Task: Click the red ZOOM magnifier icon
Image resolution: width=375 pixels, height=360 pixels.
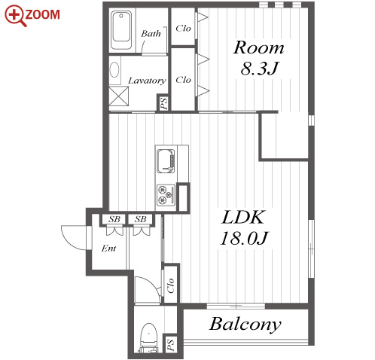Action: click(15, 16)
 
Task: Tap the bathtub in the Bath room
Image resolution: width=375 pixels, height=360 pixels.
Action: click(121, 30)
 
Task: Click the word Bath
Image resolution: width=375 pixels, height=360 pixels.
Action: click(151, 33)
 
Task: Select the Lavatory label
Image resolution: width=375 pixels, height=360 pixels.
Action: click(147, 81)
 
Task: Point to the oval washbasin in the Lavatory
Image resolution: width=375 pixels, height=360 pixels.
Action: click(114, 70)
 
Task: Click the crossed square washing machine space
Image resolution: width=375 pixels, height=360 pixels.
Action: click(119, 96)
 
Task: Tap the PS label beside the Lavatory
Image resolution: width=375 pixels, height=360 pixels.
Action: click(163, 103)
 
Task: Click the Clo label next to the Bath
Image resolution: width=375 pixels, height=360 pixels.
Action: click(183, 28)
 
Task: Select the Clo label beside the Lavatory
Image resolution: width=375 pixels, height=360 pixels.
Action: click(183, 80)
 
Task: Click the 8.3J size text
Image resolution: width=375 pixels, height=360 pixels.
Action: click(260, 69)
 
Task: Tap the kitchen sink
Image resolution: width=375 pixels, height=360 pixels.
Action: click(166, 161)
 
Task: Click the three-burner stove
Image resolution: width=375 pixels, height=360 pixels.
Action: click(166, 195)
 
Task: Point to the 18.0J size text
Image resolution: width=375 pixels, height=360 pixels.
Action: click(244, 238)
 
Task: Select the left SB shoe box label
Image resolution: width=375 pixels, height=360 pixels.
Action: click(114, 219)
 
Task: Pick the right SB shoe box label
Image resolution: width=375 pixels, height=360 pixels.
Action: click(140, 219)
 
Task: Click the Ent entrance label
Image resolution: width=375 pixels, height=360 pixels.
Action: click(108, 249)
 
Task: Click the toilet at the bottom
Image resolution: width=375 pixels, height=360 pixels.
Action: click(149, 337)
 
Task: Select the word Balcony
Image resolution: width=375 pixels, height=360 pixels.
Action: click(245, 325)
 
